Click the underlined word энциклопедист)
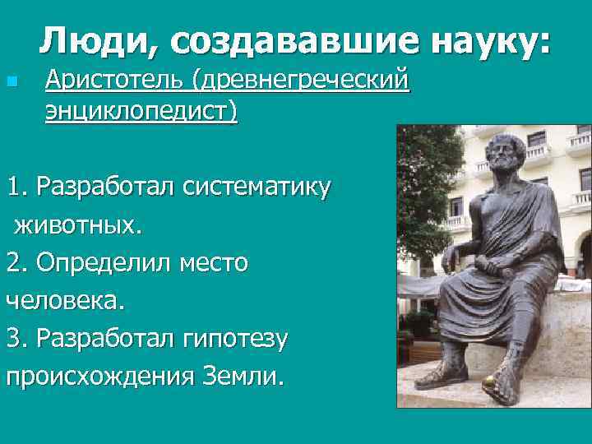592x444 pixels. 141,110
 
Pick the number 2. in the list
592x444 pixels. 18,263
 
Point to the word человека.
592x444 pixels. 65,300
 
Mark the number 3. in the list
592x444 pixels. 18,338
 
